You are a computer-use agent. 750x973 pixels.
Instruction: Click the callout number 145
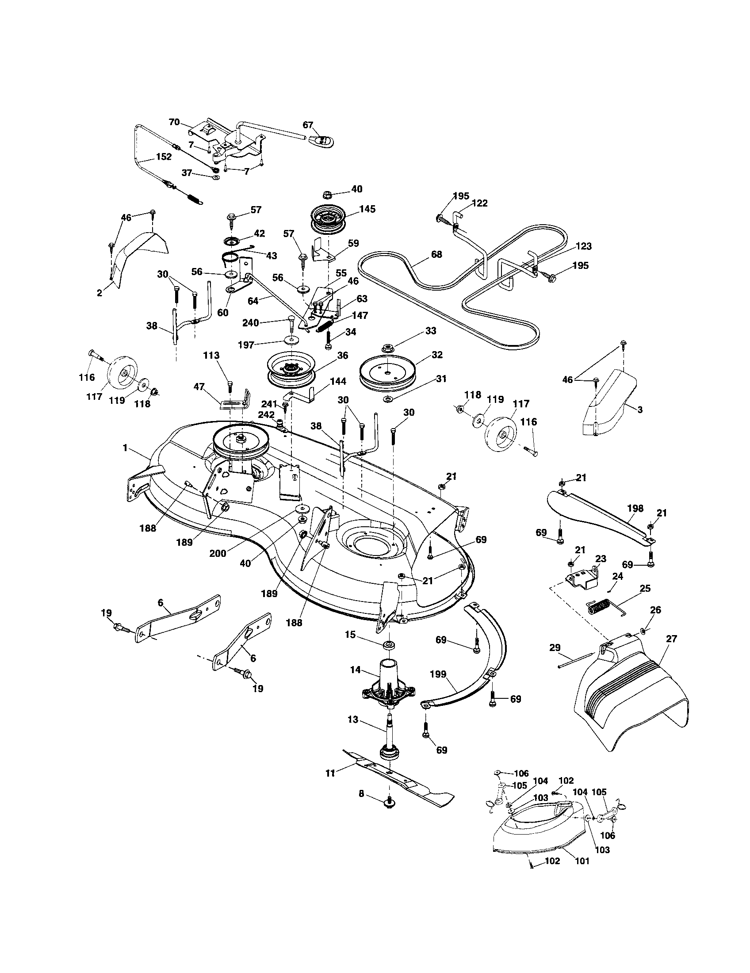coord(368,208)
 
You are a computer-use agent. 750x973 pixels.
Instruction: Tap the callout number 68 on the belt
coord(436,254)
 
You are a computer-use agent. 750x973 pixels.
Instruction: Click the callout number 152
coord(164,157)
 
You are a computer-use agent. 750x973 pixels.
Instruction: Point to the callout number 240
coord(250,322)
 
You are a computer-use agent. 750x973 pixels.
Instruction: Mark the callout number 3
coord(640,410)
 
